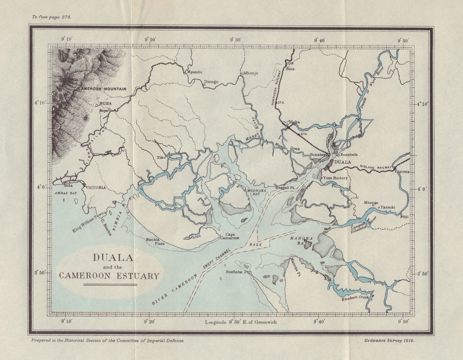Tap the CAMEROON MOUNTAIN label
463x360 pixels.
point(104,89)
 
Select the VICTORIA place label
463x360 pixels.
point(96,187)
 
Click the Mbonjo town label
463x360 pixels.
point(251,73)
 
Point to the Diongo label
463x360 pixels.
point(211,82)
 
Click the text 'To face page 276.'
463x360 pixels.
point(52,17)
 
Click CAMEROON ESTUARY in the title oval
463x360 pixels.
point(109,276)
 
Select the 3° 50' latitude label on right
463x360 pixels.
point(423,274)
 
